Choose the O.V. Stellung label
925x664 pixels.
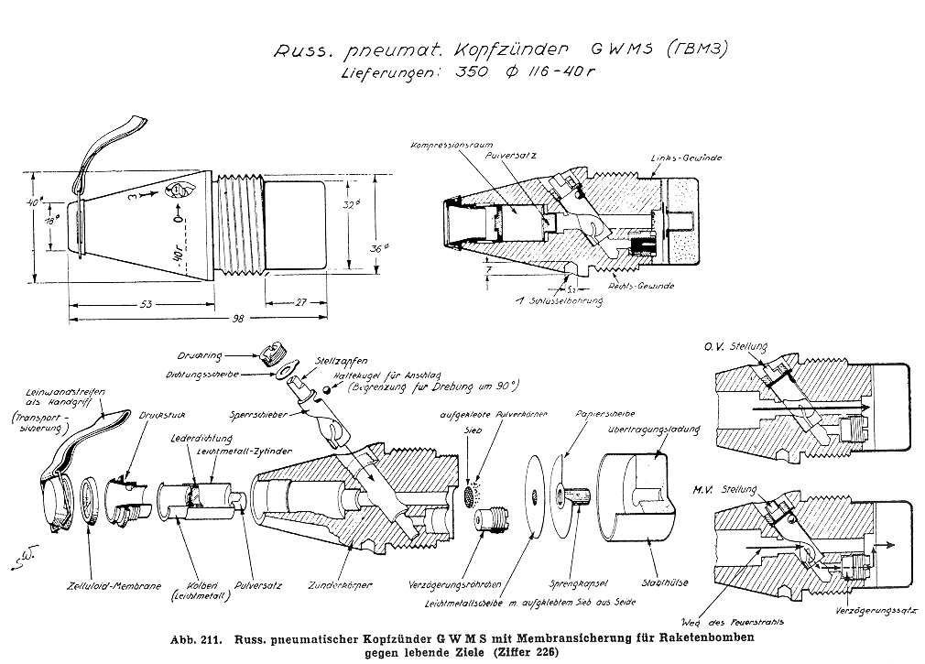739,348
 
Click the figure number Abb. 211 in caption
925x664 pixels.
190,638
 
